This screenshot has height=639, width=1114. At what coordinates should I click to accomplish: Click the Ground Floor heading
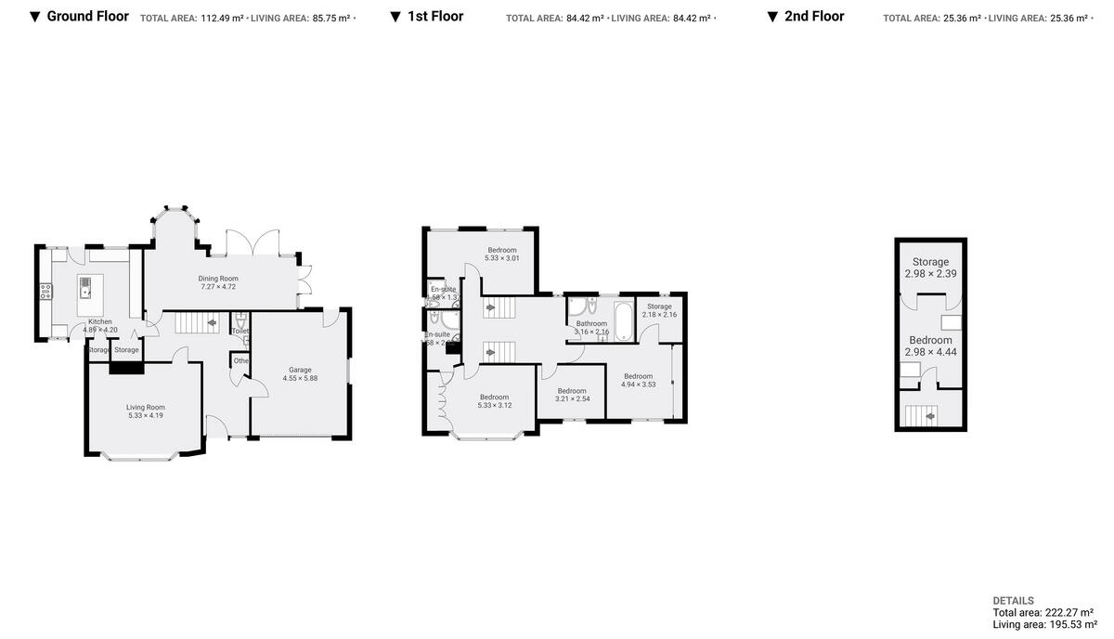[x=87, y=16]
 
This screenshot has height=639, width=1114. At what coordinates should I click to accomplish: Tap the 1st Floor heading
[x=434, y=16]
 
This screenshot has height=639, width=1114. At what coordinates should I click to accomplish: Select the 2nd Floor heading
[x=814, y=16]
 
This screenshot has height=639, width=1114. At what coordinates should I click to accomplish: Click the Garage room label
[x=299, y=373]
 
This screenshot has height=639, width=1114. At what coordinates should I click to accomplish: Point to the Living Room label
[x=146, y=411]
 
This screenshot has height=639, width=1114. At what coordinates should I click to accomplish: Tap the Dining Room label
[x=218, y=282]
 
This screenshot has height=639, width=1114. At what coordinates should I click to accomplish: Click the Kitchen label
[x=100, y=325]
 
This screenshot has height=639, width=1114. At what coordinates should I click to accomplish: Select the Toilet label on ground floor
[x=240, y=331]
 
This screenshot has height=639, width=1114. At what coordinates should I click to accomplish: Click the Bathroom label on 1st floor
[x=591, y=327]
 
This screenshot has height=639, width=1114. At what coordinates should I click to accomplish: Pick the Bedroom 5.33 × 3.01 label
[x=502, y=254]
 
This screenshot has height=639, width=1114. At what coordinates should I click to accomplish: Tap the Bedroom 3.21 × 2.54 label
[x=572, y=395]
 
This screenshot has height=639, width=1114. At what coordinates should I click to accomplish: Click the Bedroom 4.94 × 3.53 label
[x=638, y=380]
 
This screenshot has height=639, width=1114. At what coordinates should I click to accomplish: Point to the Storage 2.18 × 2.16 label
[x=659, y=310]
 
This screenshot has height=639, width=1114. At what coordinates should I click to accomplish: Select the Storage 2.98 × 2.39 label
[x=930, y=267]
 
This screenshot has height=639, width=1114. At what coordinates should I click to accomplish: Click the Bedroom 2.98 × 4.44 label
[x=930, y=346]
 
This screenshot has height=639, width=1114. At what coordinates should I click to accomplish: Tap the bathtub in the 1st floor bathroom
[x=622, y=321]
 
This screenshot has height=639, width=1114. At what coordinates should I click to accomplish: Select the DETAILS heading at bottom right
[x=1013, y=601]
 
